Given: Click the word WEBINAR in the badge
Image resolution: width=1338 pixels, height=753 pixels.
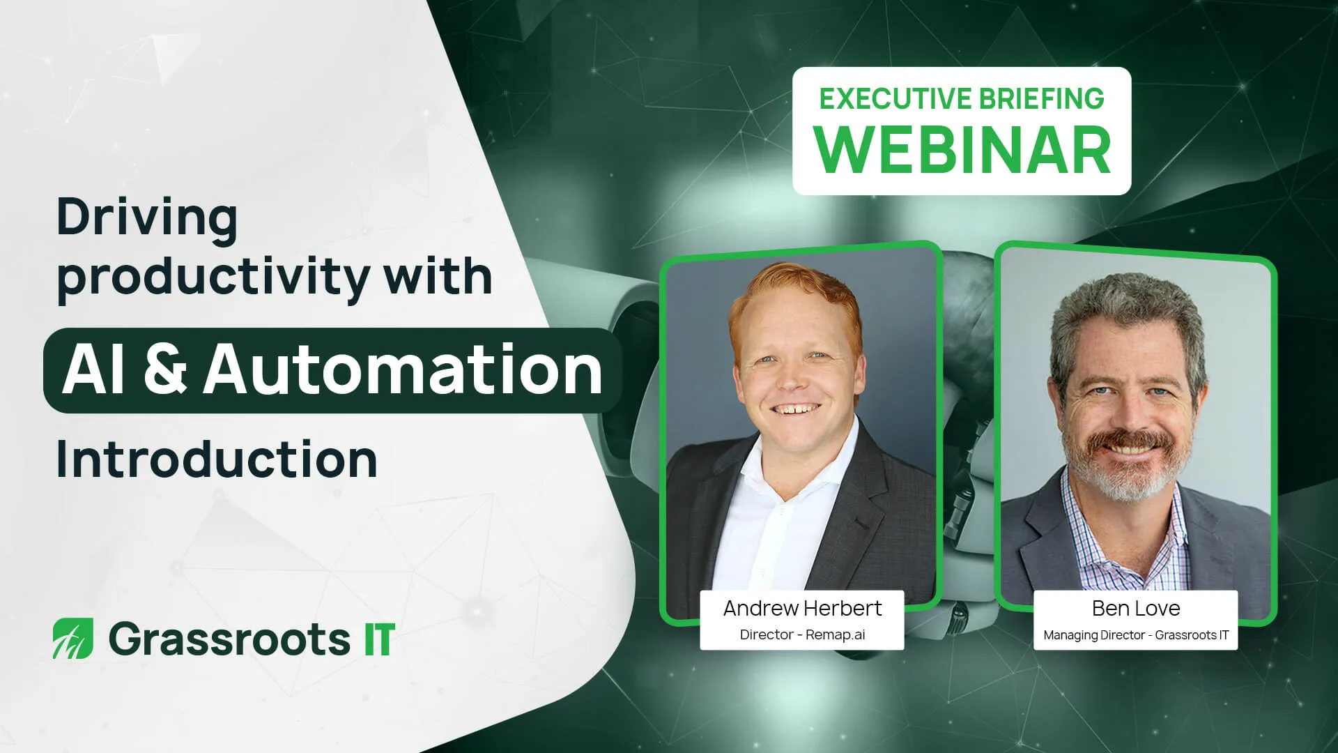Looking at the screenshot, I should tap(962, 151).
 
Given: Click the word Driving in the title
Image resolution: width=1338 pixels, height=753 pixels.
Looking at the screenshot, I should tap(147, 218).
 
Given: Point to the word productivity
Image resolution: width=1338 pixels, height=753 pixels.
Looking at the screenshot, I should tap(213, 277).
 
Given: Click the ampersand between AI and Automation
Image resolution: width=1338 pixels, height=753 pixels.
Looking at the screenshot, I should tap(165, 370).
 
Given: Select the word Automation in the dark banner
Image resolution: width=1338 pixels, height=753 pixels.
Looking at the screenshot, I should tap(403, 370).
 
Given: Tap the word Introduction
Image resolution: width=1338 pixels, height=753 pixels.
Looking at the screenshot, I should tap(217, 459).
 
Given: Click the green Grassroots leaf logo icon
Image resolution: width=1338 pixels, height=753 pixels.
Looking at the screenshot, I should tap(73, 638).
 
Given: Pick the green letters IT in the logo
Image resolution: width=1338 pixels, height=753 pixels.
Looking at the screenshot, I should tap(380, 639).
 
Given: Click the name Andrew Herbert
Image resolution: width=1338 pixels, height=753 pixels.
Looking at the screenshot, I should tap(802, 609).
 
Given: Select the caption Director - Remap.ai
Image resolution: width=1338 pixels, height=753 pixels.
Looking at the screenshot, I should tap(802, 634).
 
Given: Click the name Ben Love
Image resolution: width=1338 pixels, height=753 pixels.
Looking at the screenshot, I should tap(1136, 609).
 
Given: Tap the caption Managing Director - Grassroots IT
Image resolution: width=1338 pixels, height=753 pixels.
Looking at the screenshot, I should tap(1136, 635).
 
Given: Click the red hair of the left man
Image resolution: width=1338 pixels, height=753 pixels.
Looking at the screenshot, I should tap(794, 286).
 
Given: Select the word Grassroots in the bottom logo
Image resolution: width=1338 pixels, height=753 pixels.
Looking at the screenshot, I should tap(229, 639).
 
